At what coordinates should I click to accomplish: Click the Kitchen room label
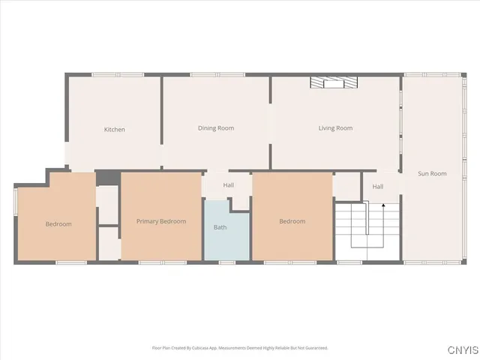coord(115,130)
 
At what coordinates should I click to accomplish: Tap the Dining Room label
coord(216,128)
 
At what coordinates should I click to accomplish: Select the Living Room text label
coord(335,128)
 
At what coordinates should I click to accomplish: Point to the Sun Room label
coord(432,173)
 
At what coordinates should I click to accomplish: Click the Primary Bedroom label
coord(161,221)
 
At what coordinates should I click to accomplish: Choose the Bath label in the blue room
coord(220,227)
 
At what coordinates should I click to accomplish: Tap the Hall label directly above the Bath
coord(228,185)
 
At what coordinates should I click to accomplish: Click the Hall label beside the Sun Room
coord(378,187)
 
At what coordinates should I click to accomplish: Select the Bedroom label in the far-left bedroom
coord(58,224)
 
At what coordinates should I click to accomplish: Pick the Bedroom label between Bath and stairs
coord(292,221)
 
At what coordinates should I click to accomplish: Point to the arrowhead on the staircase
coord(383,205)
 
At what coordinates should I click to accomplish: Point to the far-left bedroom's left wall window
coord(15,202)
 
